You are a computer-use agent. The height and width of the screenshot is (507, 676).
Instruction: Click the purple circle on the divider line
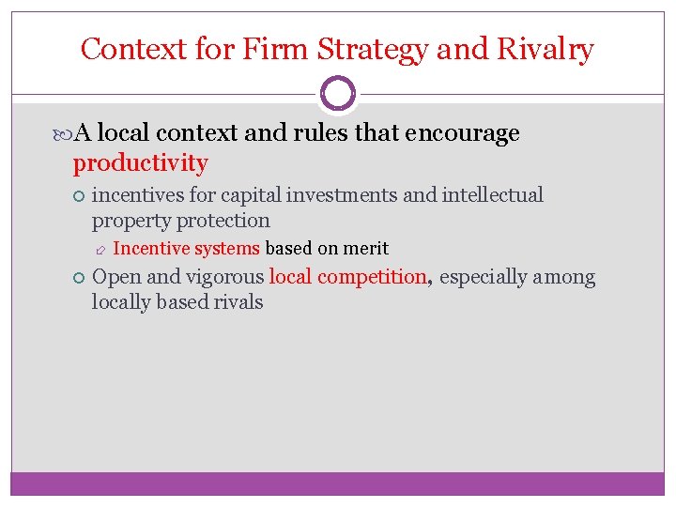click(338, 94)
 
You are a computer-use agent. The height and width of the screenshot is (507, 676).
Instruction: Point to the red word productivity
click(141, 163)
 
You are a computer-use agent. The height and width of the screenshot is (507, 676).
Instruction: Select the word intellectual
click(487, 195)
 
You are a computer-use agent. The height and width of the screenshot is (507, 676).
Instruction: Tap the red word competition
click(373, 277)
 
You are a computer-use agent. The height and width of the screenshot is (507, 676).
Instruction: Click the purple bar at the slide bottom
click(338, 484)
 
